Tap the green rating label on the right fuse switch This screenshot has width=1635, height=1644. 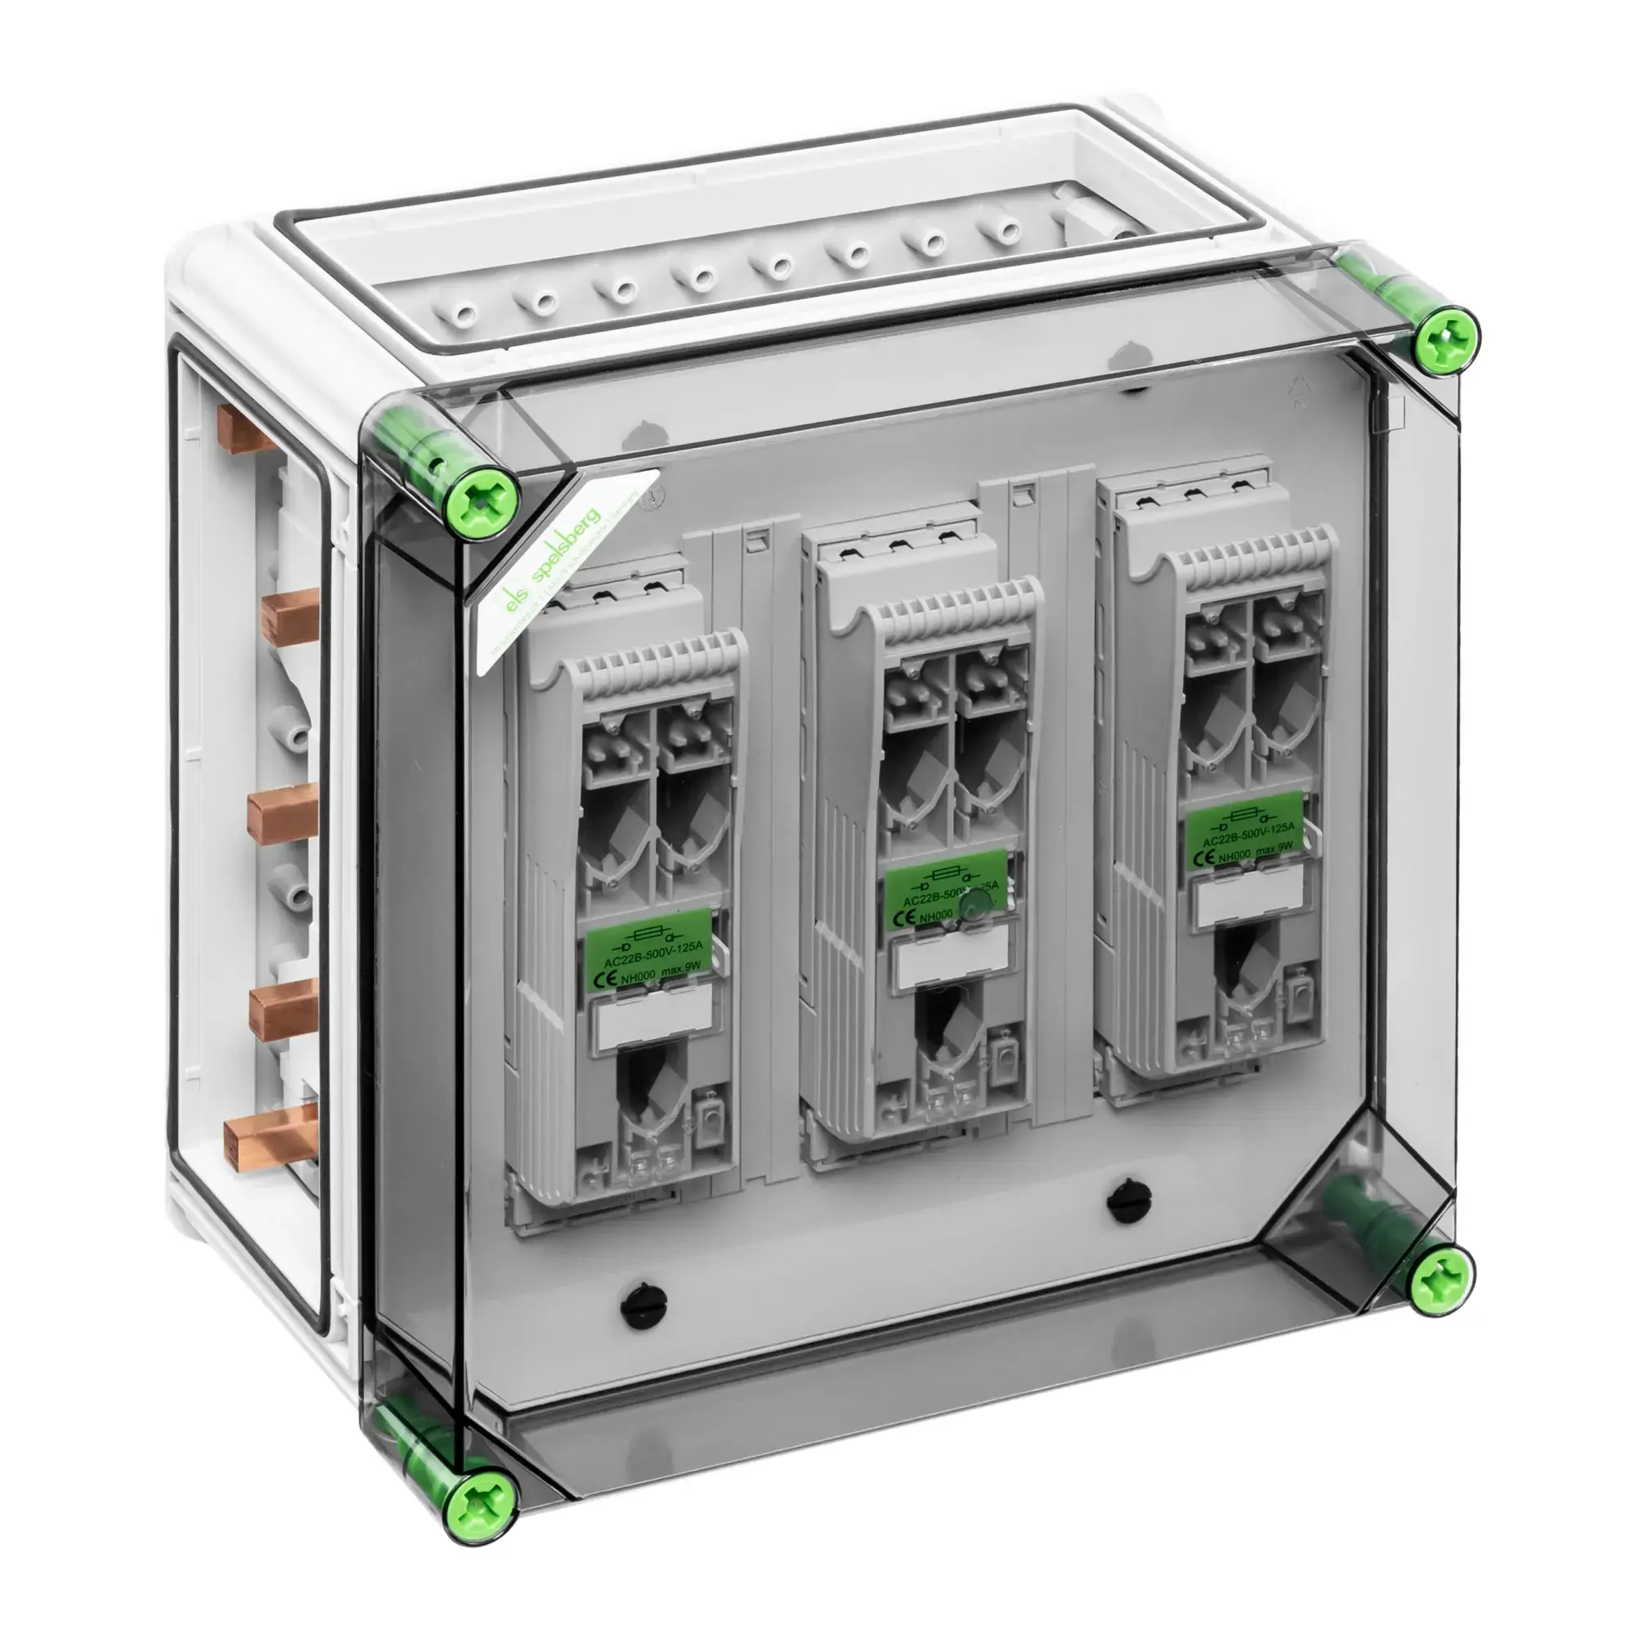coord(1244,829)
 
